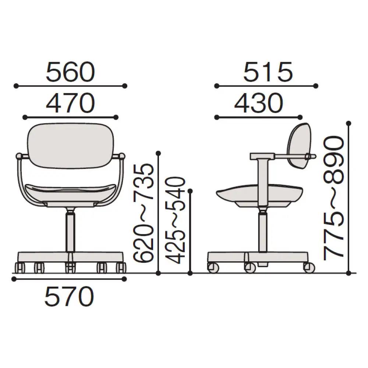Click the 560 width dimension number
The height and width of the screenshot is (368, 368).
pos(70,72)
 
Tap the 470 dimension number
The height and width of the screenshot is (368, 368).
pos(70,103)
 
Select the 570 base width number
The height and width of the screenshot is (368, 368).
pos(69,296)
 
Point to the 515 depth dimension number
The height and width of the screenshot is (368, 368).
pos(268,72)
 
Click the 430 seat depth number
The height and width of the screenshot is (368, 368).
pos(259,103)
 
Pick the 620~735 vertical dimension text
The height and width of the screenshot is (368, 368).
pos(144,213)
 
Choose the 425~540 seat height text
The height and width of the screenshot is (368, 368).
pos(175,220)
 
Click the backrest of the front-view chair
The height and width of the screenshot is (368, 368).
pos(71,145)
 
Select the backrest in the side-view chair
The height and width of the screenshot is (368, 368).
pos(298,145)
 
